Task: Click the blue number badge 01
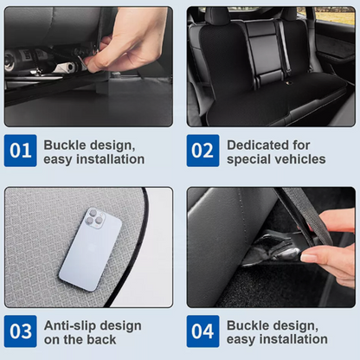[22, 151]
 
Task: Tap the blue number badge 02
[202, 151]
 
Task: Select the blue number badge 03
[22, 331]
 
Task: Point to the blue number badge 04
[202, 331]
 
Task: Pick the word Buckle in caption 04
[247, 325]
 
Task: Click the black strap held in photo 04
[298, 216]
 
